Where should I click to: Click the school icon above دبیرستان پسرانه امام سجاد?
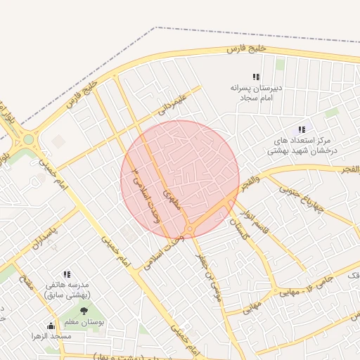pyautogui.click(x=256, y=77)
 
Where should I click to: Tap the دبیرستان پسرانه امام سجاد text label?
pyautogui.click(x=257, y=94)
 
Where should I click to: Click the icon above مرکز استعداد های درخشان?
pyautogui.click(x=302, y=129)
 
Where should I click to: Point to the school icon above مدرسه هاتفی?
pyautogui.click(x=67, y=274)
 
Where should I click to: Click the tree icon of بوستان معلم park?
pyautogui.click(x=84, y=311)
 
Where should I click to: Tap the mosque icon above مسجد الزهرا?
pyautogui.click(x=51, y=326)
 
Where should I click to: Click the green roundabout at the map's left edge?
pyautogui.click(x=28, y=139)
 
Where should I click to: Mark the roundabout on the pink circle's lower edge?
pyautogui.click(x=188, y=230)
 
